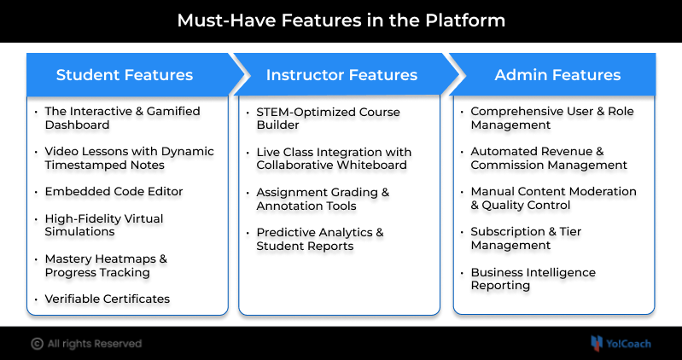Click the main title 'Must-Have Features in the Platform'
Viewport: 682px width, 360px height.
[x=341, y=20]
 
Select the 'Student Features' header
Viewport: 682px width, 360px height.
[x=125, y=75]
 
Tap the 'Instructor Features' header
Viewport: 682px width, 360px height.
[x=341, y=75]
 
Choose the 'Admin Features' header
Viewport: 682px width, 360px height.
[x=557, y=75]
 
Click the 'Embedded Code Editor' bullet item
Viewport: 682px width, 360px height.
[x=114, y=191]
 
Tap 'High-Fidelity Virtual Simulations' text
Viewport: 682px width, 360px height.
[x=103, y=225]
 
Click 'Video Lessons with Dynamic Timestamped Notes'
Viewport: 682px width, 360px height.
[x=129, y=158]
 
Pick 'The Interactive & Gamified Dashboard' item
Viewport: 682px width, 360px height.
[x=122, y=118]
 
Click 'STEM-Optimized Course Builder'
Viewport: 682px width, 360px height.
[x=328, y=118]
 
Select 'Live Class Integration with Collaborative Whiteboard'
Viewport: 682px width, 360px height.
[x=334, y=158]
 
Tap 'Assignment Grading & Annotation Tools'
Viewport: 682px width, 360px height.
[x=323, y=199]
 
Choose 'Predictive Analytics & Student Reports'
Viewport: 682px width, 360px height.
[x=320, y=239]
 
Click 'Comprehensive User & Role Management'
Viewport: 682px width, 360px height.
[x=552, y=118]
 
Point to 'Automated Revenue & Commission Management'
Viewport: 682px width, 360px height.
[x=549, y=158]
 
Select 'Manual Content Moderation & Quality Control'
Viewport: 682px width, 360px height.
[x=553, y=198]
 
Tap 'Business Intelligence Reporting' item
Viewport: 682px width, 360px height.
[x=533, y=279]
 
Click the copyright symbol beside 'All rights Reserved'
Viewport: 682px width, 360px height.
[x=37, y=344]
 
